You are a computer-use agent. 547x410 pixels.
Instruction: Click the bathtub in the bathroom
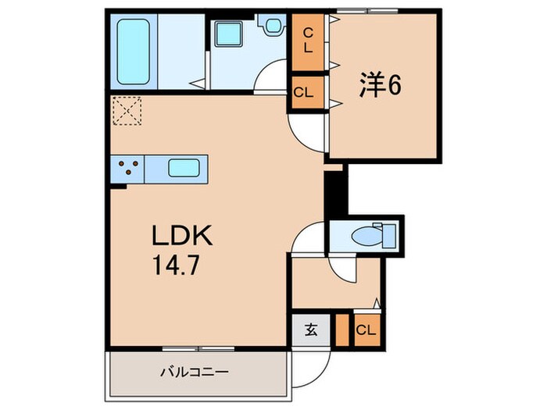click(133, 52)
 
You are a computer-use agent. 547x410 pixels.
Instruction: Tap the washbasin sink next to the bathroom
click(228, 34)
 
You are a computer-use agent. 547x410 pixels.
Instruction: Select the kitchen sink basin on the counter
click(184, 168)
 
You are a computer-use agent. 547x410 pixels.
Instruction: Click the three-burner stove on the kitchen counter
click(127, 167)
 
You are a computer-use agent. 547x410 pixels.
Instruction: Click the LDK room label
click(182, 236)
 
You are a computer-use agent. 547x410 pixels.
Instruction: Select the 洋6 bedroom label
click(381, 84)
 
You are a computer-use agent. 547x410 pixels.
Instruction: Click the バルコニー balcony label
click(195, 372)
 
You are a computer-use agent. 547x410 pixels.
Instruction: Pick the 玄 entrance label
click(311, 330)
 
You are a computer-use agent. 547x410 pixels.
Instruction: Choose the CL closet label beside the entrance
click(366, 330)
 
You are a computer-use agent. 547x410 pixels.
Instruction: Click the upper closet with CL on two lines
click(308, 42)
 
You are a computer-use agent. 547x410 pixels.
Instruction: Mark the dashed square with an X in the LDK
click(127, 111)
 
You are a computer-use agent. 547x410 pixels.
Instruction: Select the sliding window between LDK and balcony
click(198, 348)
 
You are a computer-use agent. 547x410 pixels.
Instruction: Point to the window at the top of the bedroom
click(367, 11)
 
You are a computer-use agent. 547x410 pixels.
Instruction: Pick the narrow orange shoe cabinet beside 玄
click(342, 330)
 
